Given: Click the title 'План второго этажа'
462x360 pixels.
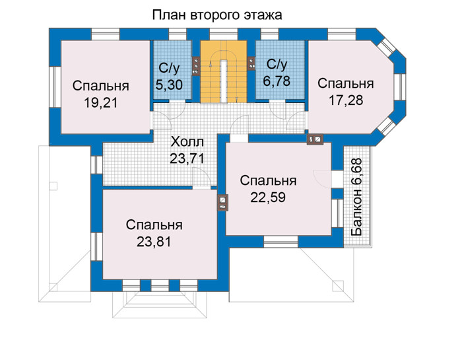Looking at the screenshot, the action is (217, 15).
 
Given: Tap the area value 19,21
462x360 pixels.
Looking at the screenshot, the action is (101, 103).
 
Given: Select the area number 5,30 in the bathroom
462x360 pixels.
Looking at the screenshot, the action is (169, 85).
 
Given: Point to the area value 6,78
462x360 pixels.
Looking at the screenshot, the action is (277, 81).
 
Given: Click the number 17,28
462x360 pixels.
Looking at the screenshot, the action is (346, 100).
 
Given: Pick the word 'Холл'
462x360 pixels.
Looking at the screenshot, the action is (187, 142).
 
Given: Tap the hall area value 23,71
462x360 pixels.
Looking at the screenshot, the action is (187, 159).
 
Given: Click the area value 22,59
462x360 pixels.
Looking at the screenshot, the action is (268, 198).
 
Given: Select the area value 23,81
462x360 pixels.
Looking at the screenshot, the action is (154, 242).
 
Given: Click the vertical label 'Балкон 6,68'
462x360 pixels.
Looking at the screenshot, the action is (356, 198).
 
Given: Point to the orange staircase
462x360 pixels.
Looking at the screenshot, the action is (224, 71).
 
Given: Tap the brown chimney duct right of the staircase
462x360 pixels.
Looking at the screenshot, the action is (251, 63).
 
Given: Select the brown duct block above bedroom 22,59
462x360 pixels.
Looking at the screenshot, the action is (315, 139).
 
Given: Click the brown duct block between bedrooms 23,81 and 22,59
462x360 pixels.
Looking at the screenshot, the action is (223, 203).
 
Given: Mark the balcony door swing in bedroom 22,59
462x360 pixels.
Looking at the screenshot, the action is (322, 178).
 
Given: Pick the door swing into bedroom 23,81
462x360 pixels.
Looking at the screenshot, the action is (201, 178).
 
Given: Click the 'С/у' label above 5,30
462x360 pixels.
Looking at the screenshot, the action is (169, 68).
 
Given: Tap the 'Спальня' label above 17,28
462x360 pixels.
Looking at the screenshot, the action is (346, 83).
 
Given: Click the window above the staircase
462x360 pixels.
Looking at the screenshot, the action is (224, 34).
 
